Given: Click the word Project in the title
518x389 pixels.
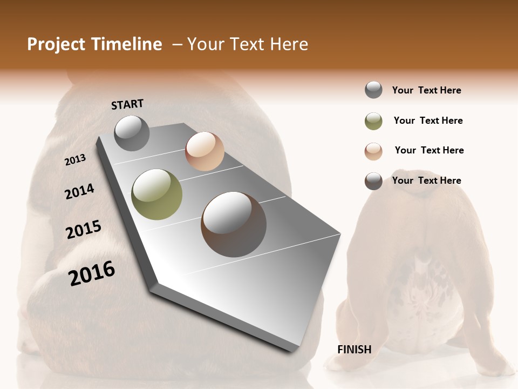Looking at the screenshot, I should (x=56, y=44).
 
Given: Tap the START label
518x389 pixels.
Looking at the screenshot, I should (x=127, y=104).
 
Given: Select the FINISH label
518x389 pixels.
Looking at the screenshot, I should (x=355, y=350).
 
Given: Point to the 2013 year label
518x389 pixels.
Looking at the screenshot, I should (x=75, y=160).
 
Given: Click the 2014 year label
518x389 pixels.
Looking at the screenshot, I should (x=80, y=191).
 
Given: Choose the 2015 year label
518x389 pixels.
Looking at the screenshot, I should (x=84, y=230).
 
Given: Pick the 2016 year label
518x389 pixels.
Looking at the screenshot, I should (x=92, y=273).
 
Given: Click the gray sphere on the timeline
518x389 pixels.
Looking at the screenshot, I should (x=132, y=133).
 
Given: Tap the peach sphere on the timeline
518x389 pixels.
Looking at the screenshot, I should (x=205, y=151).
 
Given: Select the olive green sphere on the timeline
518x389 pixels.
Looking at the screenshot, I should (x=157, y=194).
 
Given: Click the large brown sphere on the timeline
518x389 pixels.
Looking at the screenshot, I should (x=234, y=224).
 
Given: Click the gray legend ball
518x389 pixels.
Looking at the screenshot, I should (x=373, y=90).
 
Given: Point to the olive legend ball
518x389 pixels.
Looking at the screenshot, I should (x=373, y=121).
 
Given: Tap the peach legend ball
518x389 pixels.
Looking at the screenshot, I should (x=373, y=151).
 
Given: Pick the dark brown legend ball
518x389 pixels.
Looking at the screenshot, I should (x=373, y=181).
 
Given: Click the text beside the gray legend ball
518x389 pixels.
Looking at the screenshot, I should (x=427, y=90).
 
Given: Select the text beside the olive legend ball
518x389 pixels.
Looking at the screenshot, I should (x=428, y=120).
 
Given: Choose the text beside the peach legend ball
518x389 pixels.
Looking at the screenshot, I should (x=430, y=150).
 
